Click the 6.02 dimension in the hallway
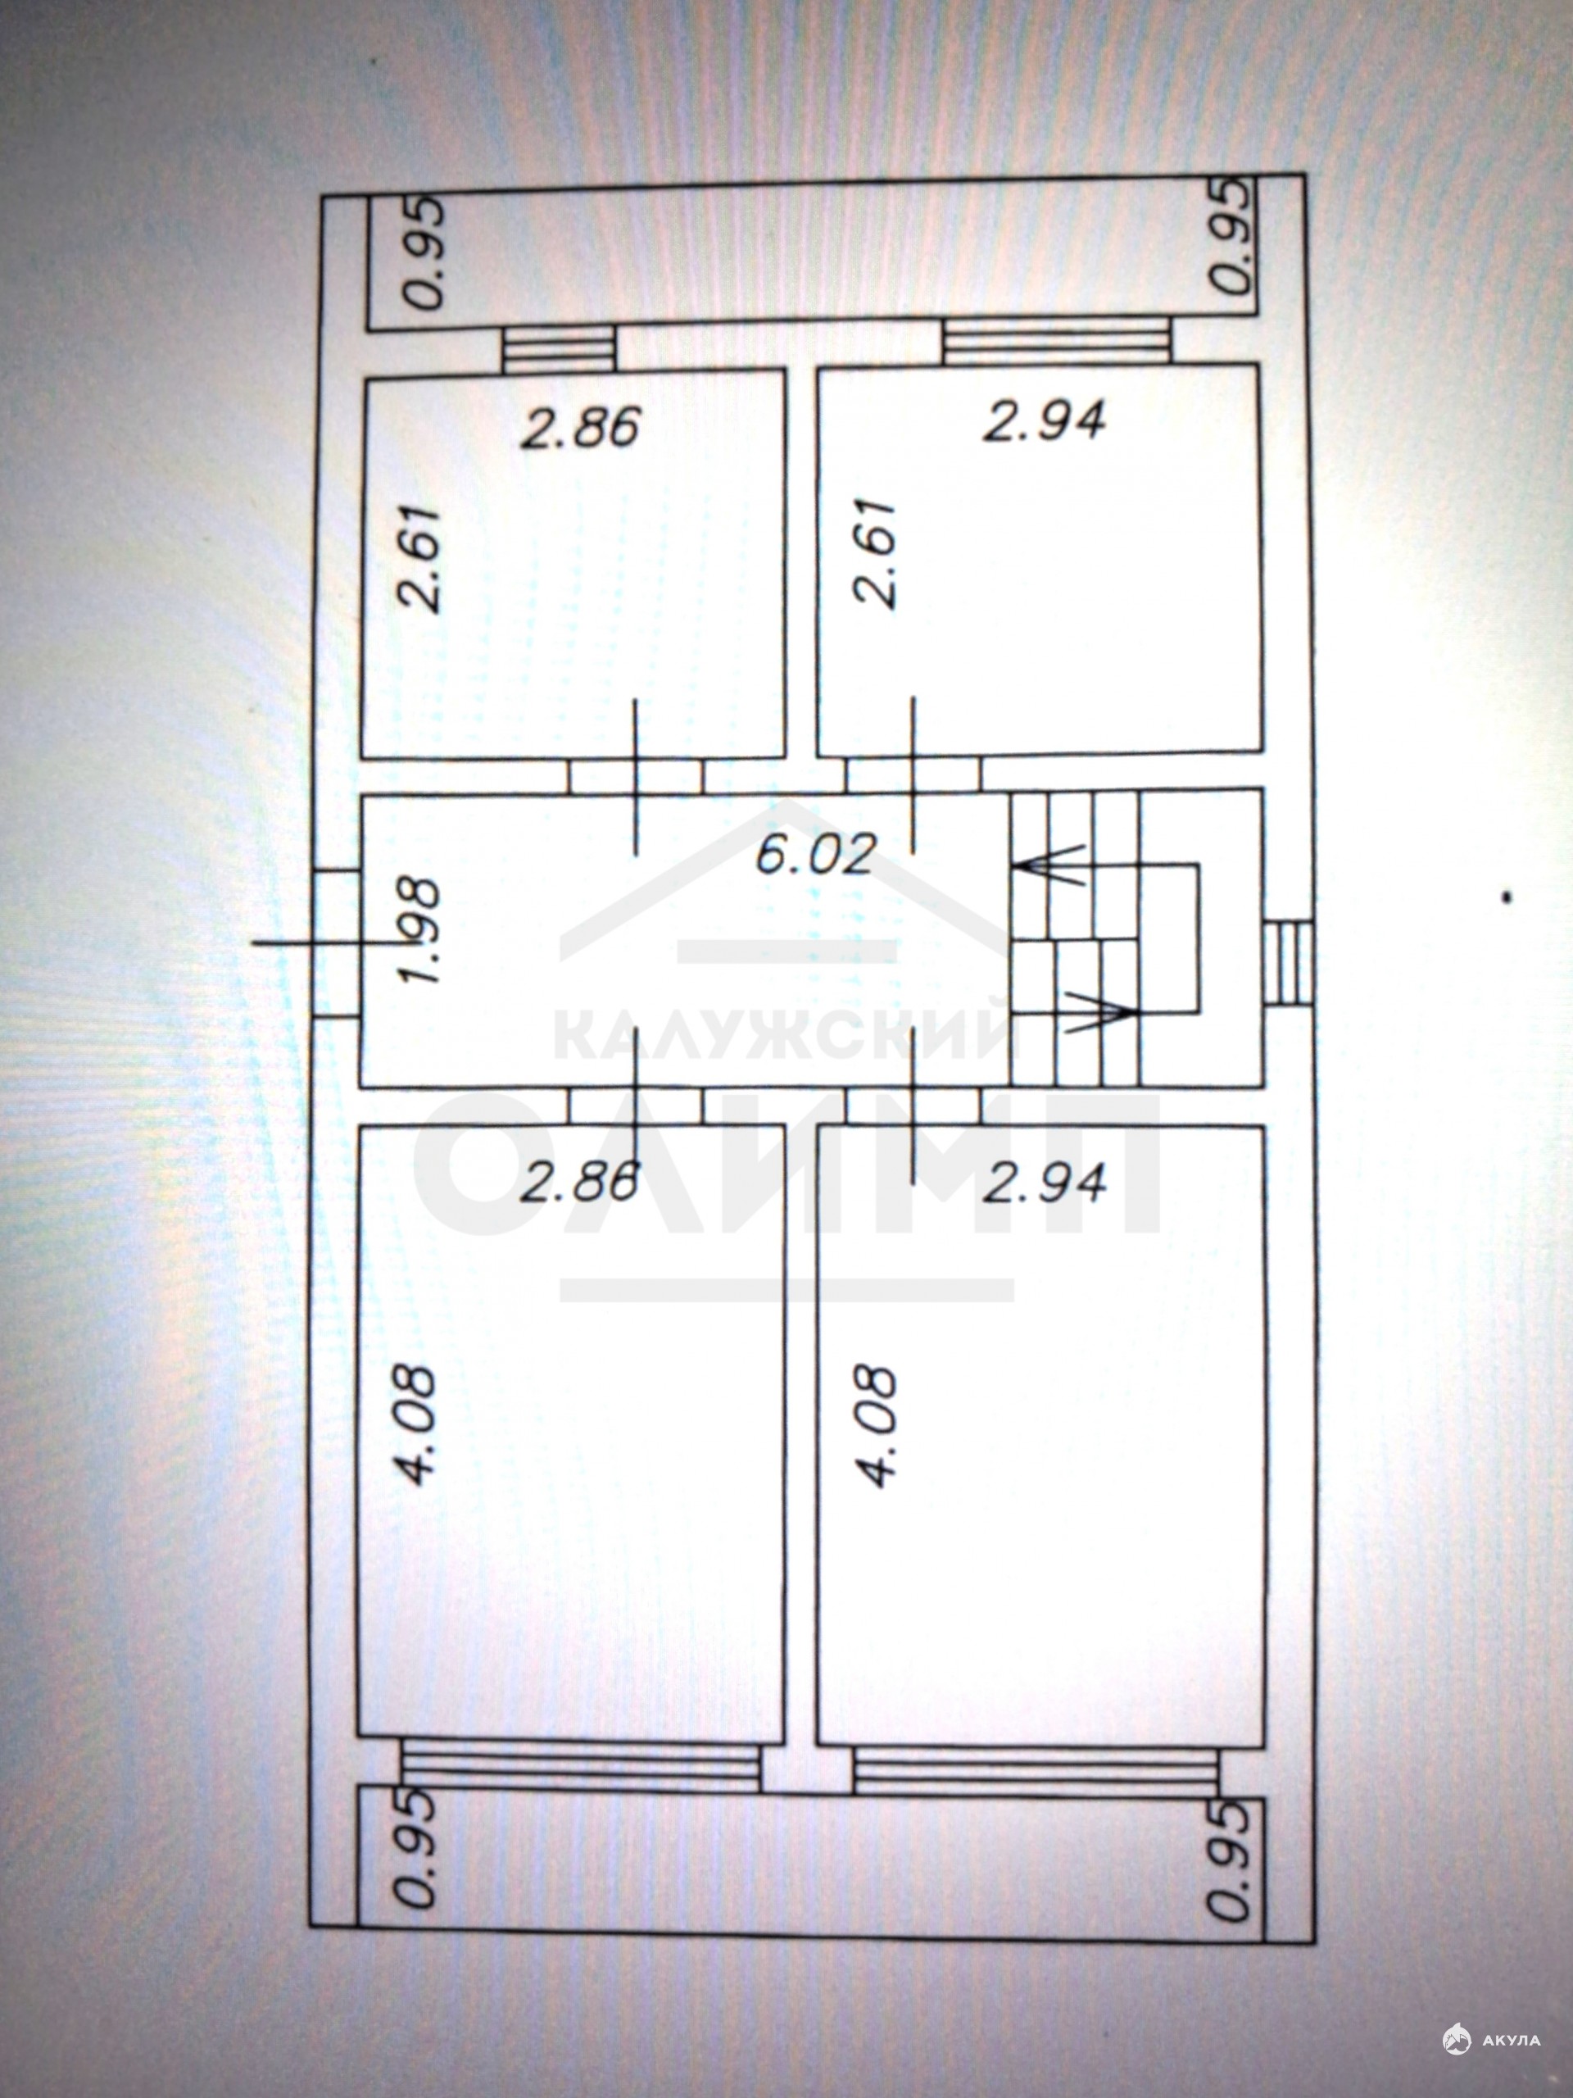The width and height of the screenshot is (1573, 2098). (814, 856)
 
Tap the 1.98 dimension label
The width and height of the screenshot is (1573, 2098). (422, 931)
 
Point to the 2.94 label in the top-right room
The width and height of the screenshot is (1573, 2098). (1044, 420)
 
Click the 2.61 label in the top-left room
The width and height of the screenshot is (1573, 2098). (420, 559)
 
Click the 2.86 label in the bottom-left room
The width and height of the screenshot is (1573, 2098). (579, 1182)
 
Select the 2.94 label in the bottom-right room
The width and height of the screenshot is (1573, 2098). (1043, 1182)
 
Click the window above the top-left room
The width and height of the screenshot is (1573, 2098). (559, 348)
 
